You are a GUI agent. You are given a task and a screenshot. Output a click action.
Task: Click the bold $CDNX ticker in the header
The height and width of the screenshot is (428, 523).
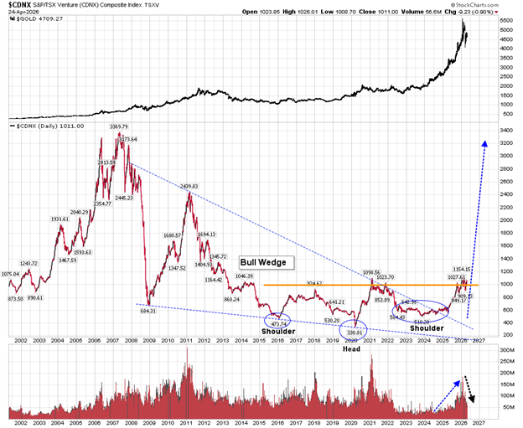[17, 5]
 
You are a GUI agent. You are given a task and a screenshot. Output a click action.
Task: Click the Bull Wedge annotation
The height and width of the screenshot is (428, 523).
[262, 262]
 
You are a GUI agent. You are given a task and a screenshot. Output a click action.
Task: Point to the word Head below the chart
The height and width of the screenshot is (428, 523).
[352, 348]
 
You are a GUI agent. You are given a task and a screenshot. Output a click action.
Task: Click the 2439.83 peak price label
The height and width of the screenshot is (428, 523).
[189, 186]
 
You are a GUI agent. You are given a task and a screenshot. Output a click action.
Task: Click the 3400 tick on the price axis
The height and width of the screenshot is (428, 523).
[505, 131]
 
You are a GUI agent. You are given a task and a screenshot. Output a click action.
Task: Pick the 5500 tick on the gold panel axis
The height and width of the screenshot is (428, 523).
[506, 19]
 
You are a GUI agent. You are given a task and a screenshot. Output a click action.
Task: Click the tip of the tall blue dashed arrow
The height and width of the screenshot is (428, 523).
[485, 142]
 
